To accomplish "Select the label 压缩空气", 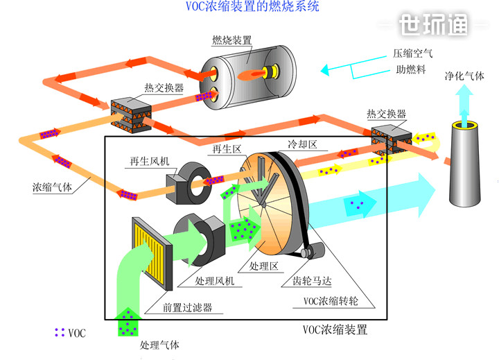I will (413, 53).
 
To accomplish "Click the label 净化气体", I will (464, 77).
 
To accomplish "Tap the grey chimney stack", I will (466, 166).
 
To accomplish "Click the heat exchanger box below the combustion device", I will (131, 113).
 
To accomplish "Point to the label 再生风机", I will (150, 160).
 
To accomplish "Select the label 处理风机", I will (214, 282).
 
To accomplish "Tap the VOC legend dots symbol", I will (60, 333).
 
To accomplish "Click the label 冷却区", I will (302, 144).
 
